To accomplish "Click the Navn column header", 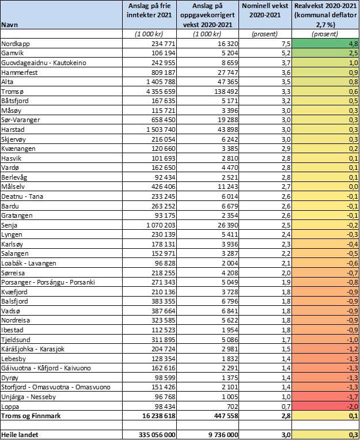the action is click(x=9, y=25).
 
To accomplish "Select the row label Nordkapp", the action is click(x=16, y=44).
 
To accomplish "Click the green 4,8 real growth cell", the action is click(x=325, y=44).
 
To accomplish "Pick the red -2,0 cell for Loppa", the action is click(x=325, y=407).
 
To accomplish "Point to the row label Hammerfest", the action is click(x=20, y=73).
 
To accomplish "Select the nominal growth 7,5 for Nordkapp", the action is click(x=285, y=44).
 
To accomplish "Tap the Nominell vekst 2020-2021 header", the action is click(x=265, y=10).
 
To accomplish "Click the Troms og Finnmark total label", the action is click(x=31, y=416).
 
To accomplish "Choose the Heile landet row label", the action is click(x=20, y=435).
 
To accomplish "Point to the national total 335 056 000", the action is click(x=157, y=435).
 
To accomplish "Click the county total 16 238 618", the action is click(x=159, y=416).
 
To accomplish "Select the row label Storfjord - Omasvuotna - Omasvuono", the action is click(x=56, y=387).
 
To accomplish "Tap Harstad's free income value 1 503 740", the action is click(x=158, y=130).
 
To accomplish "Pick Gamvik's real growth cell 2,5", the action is click(x=325, y=53).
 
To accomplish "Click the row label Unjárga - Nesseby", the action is click(x=29, y=397).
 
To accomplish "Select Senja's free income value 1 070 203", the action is click(x=158, y=225).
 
